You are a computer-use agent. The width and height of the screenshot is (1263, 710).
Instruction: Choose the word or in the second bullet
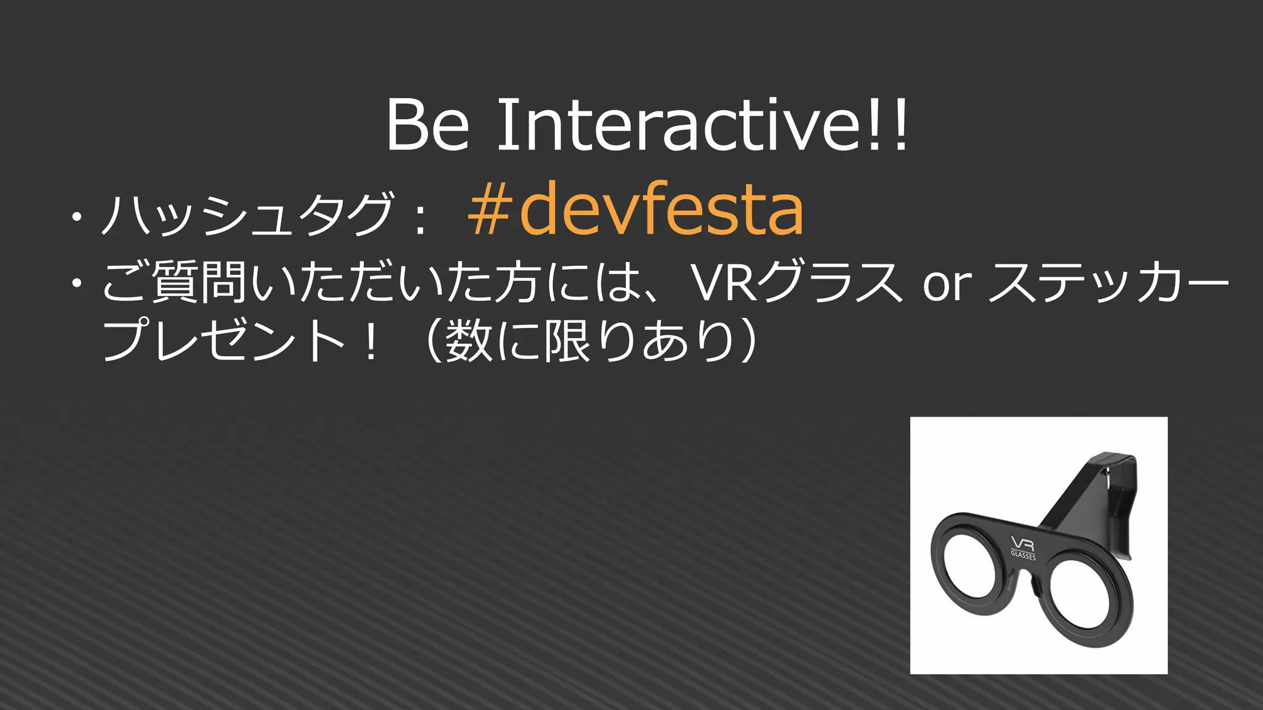click(x=947, y=285)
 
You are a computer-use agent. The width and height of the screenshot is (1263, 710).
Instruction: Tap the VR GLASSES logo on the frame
click(x=1023, y=547)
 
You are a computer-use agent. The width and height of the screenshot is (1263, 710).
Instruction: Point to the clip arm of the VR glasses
click(x=1104, y=493)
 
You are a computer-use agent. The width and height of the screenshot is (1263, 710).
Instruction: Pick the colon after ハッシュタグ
click(x=421, y=219)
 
